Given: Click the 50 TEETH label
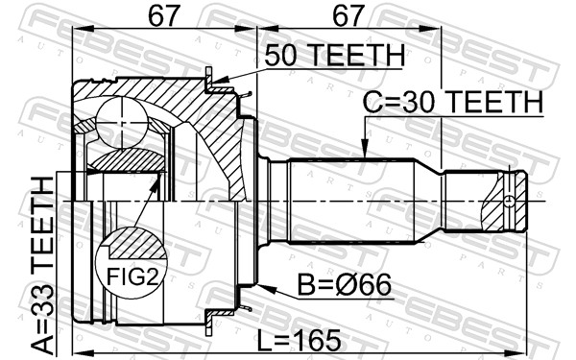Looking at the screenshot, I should [x=335, y=57].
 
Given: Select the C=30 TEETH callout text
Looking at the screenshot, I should [x=452, y=101].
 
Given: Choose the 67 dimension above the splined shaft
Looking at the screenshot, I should [x=348, y=16].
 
